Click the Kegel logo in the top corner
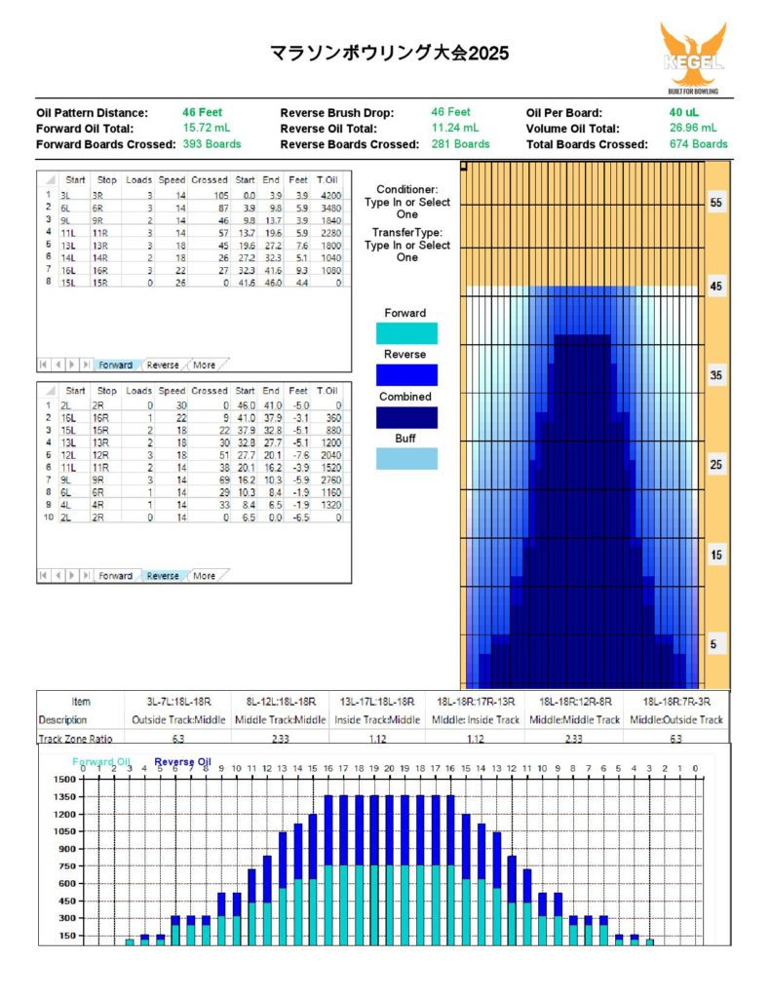click(693, 58)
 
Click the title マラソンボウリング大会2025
click(390, 52)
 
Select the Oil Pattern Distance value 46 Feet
click(202, 112)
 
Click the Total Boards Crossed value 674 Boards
click(696, 143)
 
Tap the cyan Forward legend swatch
click(405, 333)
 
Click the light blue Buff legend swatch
click(405, 459)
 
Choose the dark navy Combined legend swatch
click(405, 417)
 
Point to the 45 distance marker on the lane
click(716, 288)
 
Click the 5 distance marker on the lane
click(716, 644)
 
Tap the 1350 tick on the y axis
click(64, 796)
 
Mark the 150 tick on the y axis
click(67, 935)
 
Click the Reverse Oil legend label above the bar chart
click(182, 761)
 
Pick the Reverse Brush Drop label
click(337, 112)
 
